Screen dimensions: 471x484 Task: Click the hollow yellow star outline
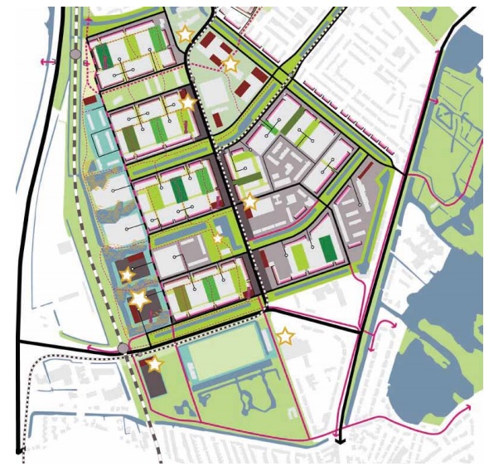(x=285, y=337)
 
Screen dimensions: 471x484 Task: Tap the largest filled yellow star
(x=139, y=300)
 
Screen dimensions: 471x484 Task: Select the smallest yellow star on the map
(x=218, y=239)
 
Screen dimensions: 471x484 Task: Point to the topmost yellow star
(x=184, y=35)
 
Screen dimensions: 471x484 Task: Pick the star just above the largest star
(x=128, y=274)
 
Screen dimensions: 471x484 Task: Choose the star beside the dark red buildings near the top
(x=231, y=63)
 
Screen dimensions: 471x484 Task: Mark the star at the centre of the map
(x=249, y=202)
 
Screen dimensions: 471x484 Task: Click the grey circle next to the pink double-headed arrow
(x=75, y=54)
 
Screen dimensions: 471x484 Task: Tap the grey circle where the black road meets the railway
(x=123, y=347)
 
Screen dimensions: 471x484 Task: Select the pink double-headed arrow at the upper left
(x=47, y=63)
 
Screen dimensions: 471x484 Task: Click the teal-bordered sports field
(x=225, y=353)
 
